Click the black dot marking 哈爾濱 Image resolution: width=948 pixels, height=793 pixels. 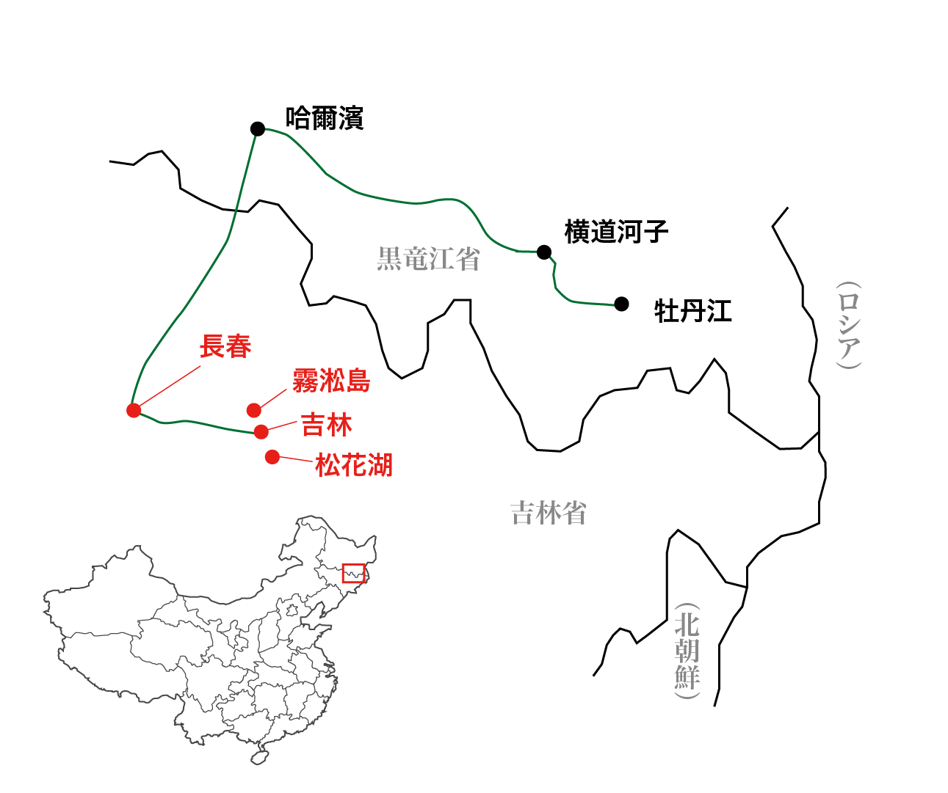(x=257, y=129)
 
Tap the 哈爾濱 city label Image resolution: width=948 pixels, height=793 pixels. (x=325, y=118)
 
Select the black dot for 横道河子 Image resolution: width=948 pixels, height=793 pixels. (x=543, y=252)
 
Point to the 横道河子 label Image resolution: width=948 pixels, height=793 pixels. (x=616, y=232)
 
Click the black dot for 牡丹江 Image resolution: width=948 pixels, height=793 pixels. (x=621, y=304)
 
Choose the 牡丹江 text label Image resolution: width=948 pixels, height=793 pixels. (x=693, y=311)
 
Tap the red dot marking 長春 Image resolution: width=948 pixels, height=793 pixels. (x=134, y=410)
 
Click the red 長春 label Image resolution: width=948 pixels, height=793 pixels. (x=225, y=346)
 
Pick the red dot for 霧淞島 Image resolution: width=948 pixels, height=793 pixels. (x=253, y=410)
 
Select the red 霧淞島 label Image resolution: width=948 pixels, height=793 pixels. (x=331, y=381)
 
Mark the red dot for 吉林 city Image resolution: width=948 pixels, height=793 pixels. (x=261, y=431)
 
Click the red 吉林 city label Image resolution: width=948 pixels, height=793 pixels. (x=327, y=425)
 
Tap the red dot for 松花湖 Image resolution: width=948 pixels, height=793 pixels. (x=272, y=457)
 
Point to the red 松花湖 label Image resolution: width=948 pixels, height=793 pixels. (x=354, y=465)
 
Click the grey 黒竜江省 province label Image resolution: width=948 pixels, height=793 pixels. (x=428, y=259)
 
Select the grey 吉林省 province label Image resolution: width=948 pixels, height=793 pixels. (x=549, y=514)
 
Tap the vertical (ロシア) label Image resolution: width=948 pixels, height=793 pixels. (x=848, y=325)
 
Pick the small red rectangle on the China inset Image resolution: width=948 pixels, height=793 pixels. (x=354, y=573)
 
